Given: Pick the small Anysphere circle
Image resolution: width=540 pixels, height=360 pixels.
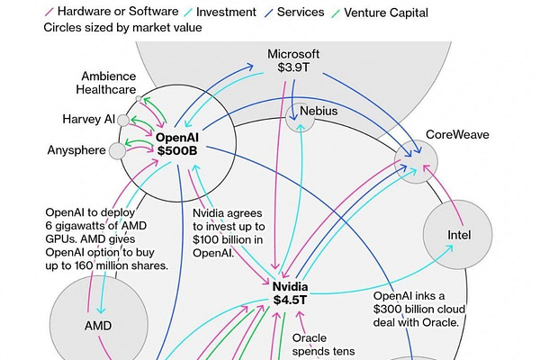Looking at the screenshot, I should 118,150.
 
